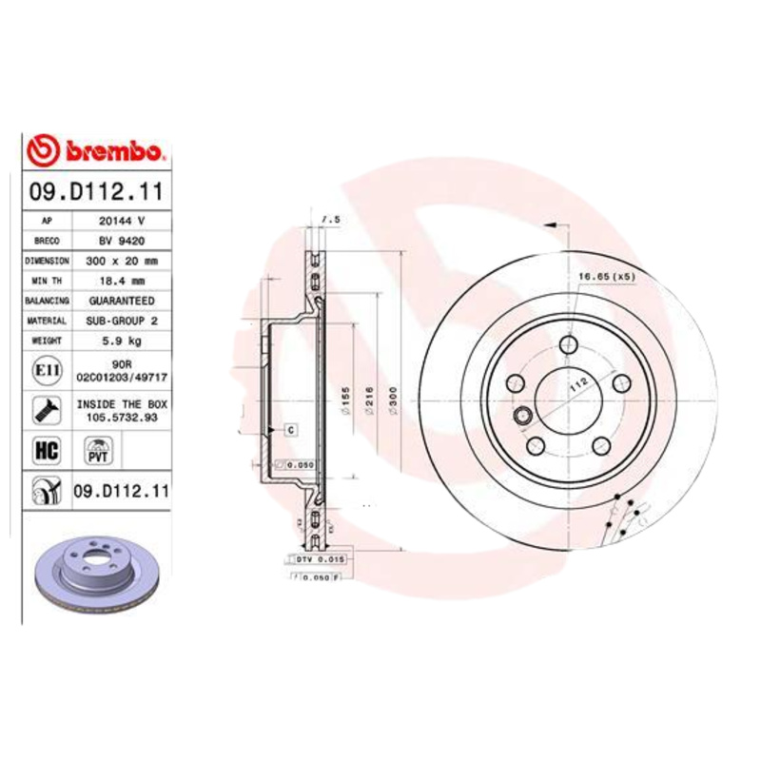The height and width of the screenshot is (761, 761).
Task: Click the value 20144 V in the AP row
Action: [x=122, y=221]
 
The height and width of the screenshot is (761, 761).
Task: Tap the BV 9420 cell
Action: [x=122, y=241]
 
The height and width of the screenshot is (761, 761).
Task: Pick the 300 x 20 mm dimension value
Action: [x=122, y=261]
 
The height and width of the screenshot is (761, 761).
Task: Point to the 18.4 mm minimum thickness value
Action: [x=122, y=281]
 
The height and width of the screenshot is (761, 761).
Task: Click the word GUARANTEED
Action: [x=122, y=301]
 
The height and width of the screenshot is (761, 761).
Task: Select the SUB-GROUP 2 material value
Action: [x=122, y=321]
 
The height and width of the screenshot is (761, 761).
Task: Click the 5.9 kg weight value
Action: [x=122, y=341]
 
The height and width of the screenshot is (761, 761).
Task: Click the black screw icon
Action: [x=44, y=411]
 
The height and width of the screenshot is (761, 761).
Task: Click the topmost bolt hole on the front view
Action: [x=568, y=345]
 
